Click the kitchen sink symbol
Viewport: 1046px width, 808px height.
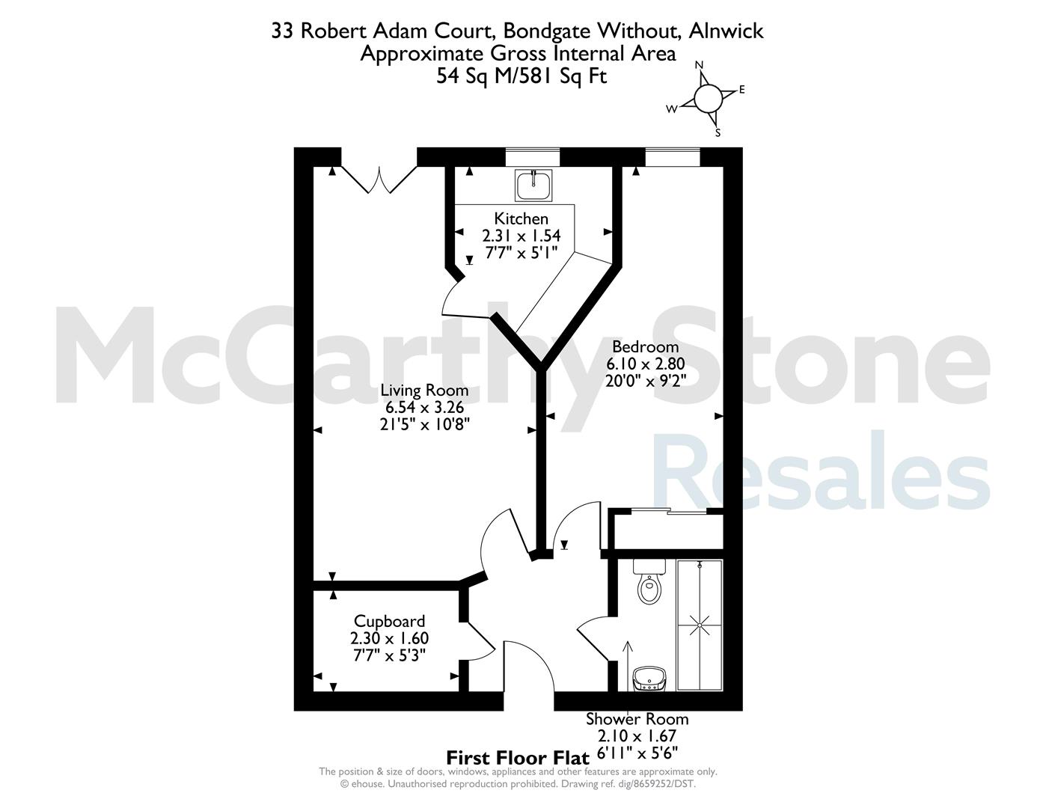click(x=533, y=186)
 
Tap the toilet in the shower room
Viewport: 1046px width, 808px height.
click(x=649, y=581)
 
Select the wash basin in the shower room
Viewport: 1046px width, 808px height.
click(x=649, y=679)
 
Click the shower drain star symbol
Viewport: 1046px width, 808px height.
click(x=700, y=625)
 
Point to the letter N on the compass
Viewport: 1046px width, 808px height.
click(x=700, y=65)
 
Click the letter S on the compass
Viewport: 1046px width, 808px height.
click(x=718, y=133)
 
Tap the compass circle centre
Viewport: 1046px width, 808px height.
click(x=708, y=98)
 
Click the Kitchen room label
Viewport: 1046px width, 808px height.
click(x=522, y=219)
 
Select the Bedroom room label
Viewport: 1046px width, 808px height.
click(x=646, y=346)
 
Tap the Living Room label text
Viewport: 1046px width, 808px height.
click(x=424, y=390)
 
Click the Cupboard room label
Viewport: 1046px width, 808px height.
click(x=389, y=622)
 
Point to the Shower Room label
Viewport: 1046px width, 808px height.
click(x=637, y=720)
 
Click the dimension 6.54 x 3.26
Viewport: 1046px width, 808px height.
click(x=424, y=407)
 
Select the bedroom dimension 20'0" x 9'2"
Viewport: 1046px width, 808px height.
click(x=646, y=381)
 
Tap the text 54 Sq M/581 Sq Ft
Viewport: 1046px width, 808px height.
click(x=522, y=76)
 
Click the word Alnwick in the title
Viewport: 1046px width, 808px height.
click(x=727, y=31)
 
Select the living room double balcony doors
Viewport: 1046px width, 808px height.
click(x=379, y=180)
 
